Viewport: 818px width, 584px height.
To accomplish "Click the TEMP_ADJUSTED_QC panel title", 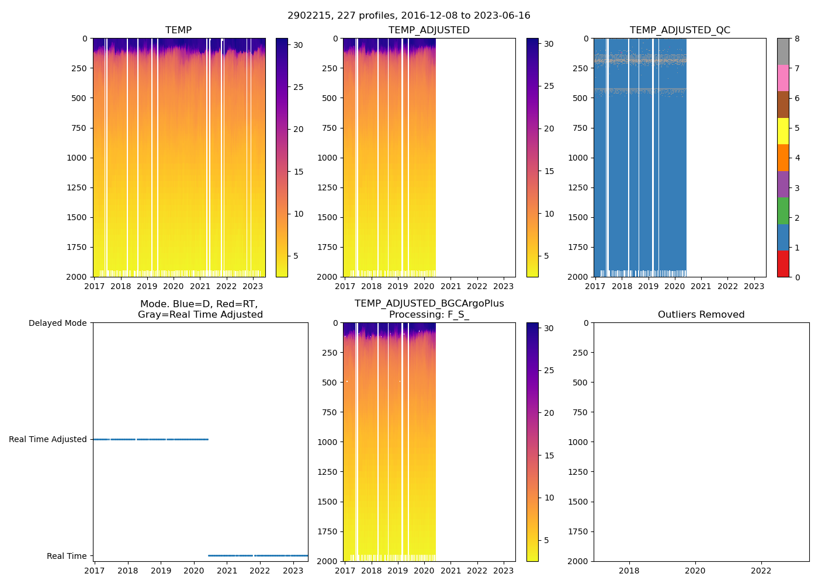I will (680, 30).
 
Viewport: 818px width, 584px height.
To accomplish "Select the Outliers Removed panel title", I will (701, 315).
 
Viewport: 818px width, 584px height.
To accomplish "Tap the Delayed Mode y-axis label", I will (57, 323).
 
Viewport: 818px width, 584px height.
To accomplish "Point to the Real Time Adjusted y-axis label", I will (47, 439).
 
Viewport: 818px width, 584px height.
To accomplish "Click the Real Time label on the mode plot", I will (67, 556).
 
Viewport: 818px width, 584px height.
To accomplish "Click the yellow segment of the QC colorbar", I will (783, 131).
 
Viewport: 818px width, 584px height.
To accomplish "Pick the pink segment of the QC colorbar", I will (783, 78).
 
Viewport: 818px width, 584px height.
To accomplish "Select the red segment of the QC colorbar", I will (783, 264).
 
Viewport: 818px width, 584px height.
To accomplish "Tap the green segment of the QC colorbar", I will (783, 211).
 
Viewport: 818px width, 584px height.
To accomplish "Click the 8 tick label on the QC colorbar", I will (797, 39).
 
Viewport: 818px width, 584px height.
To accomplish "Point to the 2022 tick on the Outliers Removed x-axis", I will (761, 571).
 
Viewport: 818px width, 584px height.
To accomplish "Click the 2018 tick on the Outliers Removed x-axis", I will (629, 571).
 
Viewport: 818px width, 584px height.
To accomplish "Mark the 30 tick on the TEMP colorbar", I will (298, 44).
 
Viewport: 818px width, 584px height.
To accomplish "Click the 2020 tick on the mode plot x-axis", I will (194, 571).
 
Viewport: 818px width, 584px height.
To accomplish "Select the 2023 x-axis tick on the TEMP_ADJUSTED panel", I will (503, 286).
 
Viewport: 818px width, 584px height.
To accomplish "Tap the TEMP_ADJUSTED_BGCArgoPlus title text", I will (429, 304).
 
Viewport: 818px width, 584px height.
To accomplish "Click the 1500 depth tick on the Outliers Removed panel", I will (578, 502).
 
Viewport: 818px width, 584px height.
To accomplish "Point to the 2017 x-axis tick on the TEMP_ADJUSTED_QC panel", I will (595, 286).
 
